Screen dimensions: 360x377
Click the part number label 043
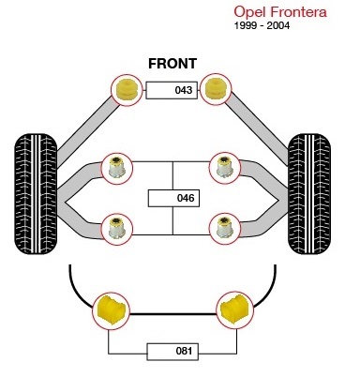[x=172, y=90]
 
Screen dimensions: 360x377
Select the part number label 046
[x=173, y=198]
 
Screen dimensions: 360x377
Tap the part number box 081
[x=172, y=352]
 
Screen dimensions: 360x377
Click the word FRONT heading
[x=172, y=64]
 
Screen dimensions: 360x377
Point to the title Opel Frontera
[x=280, y=12]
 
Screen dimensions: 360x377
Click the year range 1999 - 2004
[x=262, y=25]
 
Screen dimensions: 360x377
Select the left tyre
[x=36, y=194]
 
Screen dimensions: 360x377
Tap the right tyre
[x=309, y=194]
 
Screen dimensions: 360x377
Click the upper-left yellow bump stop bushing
[x=127, y=89]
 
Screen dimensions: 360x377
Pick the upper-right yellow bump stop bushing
[x=216, y=89]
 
